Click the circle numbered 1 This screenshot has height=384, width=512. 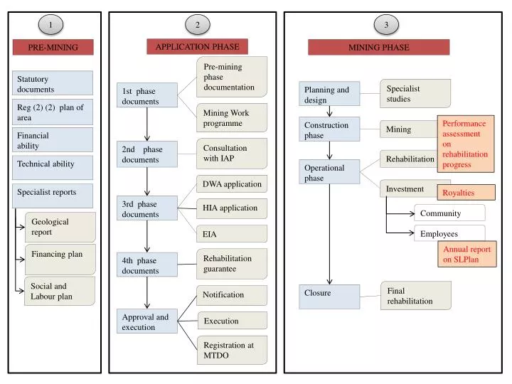coord(51,25)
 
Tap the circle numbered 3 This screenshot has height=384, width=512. coord(386,25)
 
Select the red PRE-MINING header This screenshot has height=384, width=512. coord(53,48)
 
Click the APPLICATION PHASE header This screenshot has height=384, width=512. coord(198,47)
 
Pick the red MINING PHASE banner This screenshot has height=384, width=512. coord(378,48)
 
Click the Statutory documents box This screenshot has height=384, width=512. coord(53,84)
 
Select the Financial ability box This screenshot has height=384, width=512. coord(53,140)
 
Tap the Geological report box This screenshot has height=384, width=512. coord(60,227)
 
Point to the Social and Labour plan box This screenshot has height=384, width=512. coord(60,292)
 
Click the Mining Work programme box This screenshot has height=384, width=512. coord(232,118)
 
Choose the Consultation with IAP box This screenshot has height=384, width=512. coord(232,153)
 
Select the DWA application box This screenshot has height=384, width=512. coord(232,184)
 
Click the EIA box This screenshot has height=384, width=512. coord(232,233)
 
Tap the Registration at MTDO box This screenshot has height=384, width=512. coord(232,350)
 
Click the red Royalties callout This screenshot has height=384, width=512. coord(466,193)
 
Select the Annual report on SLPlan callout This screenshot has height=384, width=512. coord(466,255)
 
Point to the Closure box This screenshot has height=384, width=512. coord(329,296)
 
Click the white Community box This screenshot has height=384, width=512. coord(449,213)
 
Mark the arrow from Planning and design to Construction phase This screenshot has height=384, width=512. coord(329,110)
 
